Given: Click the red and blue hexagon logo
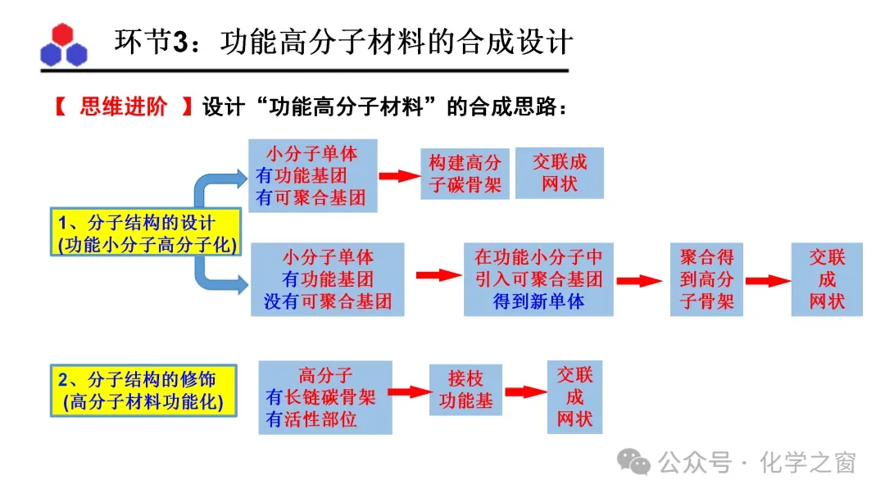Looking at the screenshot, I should pos(63,46).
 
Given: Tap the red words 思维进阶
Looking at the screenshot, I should pos(124,107).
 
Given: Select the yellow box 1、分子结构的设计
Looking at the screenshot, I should pos(143,233).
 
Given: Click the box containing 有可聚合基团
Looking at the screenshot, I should pos(312,175).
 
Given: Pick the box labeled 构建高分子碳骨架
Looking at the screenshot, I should pos(465,174).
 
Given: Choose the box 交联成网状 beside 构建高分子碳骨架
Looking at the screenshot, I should pos(559,173).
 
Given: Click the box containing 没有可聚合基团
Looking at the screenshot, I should pos(328,279).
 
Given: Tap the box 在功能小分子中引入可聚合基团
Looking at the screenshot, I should pos(538,279).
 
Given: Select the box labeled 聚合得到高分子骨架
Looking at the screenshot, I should pos(706,279).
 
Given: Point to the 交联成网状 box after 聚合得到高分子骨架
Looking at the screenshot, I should pos(827,279).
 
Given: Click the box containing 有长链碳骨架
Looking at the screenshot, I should pos(324,397).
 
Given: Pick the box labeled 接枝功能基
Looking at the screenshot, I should pos(465,390).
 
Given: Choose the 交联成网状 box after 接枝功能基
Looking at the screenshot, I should pos(574,397).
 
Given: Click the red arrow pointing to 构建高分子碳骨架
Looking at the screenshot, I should pos(398,175).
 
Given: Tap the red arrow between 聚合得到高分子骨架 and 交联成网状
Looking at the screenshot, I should pos(768,280).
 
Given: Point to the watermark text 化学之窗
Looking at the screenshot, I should pos(807,463).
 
